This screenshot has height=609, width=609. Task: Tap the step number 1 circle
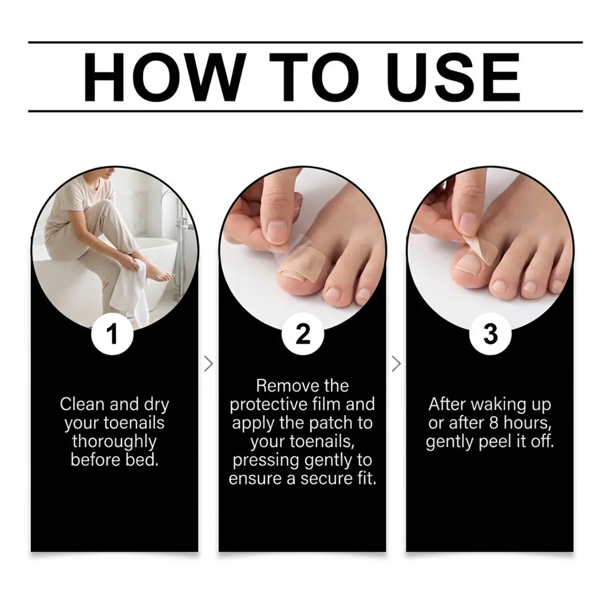pos(112,334)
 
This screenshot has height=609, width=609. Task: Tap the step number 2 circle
pos(303,334)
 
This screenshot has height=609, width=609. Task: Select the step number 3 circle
pos(490,334)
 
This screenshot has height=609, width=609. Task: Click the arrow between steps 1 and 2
pos(209,364)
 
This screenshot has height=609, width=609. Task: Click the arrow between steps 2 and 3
pos(396,364)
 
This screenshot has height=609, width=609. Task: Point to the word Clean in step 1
pos(82,404)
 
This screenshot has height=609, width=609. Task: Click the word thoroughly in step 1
pos(114,442)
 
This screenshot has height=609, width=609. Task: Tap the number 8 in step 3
pos(494,423)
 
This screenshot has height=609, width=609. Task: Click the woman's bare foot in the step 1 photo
pos(161,275)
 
